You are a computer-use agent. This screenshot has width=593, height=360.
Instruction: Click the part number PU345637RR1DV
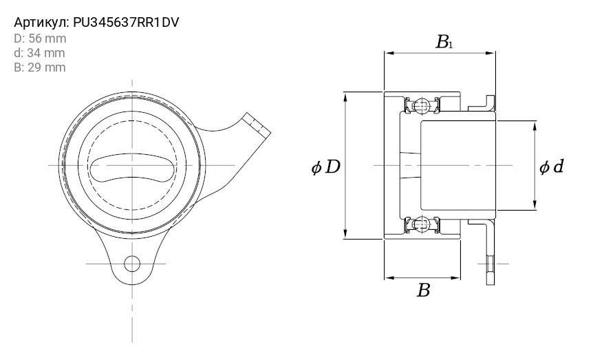coord(126,23)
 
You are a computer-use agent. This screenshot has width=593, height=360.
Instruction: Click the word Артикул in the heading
coord(41,23)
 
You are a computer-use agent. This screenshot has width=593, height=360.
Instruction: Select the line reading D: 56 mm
coord(40,39)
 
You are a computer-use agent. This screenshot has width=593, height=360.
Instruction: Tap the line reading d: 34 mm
coord(39,53)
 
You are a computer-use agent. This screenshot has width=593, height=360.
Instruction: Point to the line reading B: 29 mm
coord(40,67)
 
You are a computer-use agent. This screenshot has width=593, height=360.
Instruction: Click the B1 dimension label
coord(444,42)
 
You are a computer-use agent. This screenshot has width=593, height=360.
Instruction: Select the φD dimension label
coord(325,167)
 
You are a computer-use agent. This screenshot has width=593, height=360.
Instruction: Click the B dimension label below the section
coord(424,290)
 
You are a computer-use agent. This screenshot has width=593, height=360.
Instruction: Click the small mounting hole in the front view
coord(132,264)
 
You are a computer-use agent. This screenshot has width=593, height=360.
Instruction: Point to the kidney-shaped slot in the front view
coord(133,166)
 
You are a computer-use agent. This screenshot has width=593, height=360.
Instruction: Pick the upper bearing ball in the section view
coord(422,105)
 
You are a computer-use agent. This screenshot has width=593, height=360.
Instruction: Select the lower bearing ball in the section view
coord(422,225)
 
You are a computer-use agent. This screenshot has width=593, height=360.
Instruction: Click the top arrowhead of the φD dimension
coord(345,96)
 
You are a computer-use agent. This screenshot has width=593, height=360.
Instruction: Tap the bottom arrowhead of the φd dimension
coord(535,206)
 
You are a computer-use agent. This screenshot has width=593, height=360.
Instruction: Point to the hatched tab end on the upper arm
coord(257,125)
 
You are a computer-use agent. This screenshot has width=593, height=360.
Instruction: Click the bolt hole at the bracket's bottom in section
coord(490,264)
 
